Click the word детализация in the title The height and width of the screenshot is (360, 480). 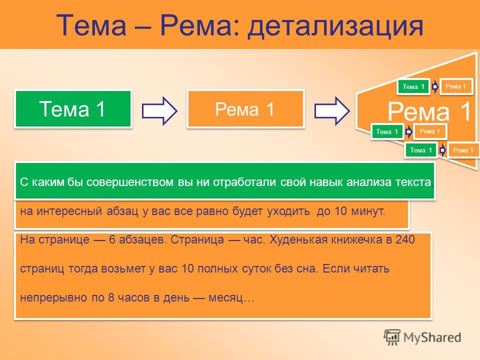pyautogui.click(x=335, y=25)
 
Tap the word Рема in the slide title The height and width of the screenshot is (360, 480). pyautogui.click(x=196, y=25)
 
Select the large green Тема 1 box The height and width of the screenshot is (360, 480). pyautogui.click(x=73, y=108)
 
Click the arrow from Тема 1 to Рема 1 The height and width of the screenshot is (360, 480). pyautogui.click(x=159, y=110)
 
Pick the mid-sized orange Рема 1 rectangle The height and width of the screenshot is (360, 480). pyautogui.click(x=245, y=108)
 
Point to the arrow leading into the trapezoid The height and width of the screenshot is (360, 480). pyautogui.click(x=332, y=110)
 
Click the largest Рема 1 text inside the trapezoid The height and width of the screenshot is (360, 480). pyautogui.click(x=429, y=111)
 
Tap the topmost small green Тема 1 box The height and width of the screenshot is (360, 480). pyautogui.click(x=413, y=86)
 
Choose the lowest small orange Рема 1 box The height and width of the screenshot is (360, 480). pyautogui.click(x=463, y=150)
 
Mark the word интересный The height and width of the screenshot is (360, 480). pyautogui.click(x=69, y=211)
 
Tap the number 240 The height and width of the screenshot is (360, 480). pyautogui.click(x=405, y=239)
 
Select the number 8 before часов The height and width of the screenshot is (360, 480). pyautogui.click(x=111, y=297)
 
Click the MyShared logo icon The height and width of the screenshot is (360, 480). pyautogui.click(x=392, y=337)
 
